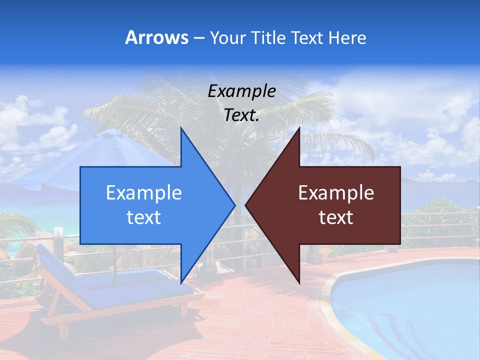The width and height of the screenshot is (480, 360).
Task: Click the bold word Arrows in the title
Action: (156, 37)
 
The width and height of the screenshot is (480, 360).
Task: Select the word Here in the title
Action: (347, 37)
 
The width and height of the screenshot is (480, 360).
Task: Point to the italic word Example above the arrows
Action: (241, 91)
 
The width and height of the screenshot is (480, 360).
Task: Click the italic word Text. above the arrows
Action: (241, 115)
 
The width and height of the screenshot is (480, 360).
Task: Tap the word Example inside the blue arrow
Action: (144, 192)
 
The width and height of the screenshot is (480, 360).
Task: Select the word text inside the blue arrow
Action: (144, 217)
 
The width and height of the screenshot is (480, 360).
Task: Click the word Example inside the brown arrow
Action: (336, 192)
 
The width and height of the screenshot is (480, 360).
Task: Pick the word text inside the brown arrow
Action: (336, 217)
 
